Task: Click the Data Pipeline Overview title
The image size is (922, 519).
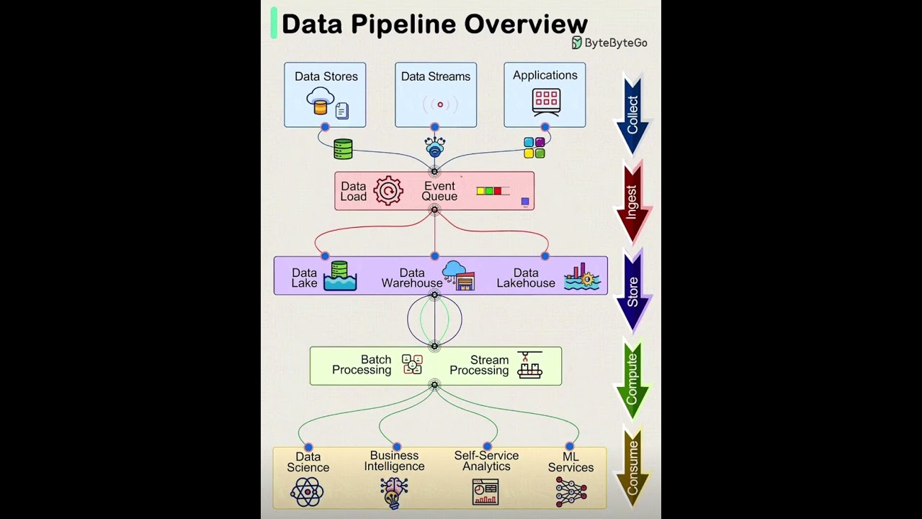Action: tap(434, 24)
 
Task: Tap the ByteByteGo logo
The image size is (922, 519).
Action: tap(609, 43)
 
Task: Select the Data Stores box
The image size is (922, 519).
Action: tap(325, 94)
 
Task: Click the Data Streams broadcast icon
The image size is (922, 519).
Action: tap(439, 105)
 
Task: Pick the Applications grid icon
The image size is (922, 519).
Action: tap(546, 102)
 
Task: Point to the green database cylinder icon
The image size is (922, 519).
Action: tap(343, 149)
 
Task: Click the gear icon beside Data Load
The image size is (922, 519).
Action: tap(388, 191)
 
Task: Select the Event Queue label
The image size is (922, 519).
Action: tap(439, 191)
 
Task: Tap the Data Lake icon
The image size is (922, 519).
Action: tap(340, 276)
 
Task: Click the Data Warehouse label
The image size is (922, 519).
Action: tap(412, 278)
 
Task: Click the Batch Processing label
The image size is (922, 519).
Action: tap(362, 365)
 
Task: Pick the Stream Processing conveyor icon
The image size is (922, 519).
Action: tap(529, 365)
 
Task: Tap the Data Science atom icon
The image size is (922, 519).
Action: tap(307, 493)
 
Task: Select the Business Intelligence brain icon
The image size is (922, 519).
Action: tap(394, 493)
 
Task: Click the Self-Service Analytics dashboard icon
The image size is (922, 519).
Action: tap(485, 492)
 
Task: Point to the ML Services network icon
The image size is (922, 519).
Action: tap(570, 492)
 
